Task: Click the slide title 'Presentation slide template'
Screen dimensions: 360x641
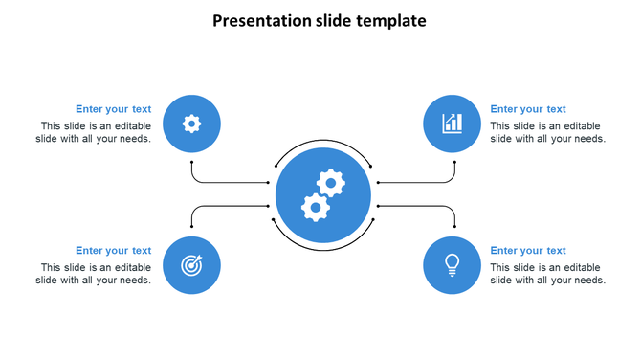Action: [x=320, y=20]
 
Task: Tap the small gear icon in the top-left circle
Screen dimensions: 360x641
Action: [x=192, y=124]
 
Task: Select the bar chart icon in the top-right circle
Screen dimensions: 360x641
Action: [x=452, y=124]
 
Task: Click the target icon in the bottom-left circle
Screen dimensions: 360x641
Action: [x=192, y=265]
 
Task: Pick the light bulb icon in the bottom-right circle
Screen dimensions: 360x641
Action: [x=452, y=264]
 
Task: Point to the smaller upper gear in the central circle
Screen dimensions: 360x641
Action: [x=331, y=182]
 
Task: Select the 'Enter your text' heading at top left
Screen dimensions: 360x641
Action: [x=113, y=109]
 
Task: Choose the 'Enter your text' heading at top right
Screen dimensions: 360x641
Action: [x=528, y=109]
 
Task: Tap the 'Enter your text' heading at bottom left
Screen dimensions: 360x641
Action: [x=113, y=251]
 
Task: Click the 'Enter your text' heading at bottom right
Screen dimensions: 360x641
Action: [x=528, y=251]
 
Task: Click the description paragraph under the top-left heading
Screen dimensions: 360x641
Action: [x=94, y=132]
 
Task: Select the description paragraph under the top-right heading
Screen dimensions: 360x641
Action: [x=547, y=132]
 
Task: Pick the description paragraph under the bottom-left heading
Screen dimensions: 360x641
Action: [x=94, y=274]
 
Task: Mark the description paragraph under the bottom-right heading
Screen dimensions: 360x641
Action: [x=547, y=274]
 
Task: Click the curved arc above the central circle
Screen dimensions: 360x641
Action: [x=322, y=141]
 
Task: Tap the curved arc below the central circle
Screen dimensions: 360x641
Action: [x=322, y=251]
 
